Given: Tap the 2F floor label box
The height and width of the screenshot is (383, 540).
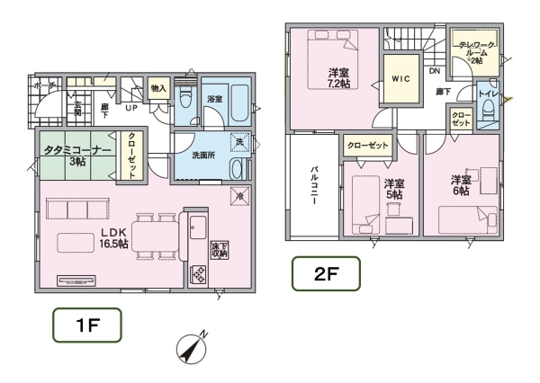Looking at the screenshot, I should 325,273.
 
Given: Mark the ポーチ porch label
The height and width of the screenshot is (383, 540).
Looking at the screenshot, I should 42,85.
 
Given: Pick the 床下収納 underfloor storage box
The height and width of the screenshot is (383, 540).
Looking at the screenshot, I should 219,248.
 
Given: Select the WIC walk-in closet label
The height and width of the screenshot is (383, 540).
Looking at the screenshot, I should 400,79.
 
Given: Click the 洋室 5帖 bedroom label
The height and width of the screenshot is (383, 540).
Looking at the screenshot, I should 393,189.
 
